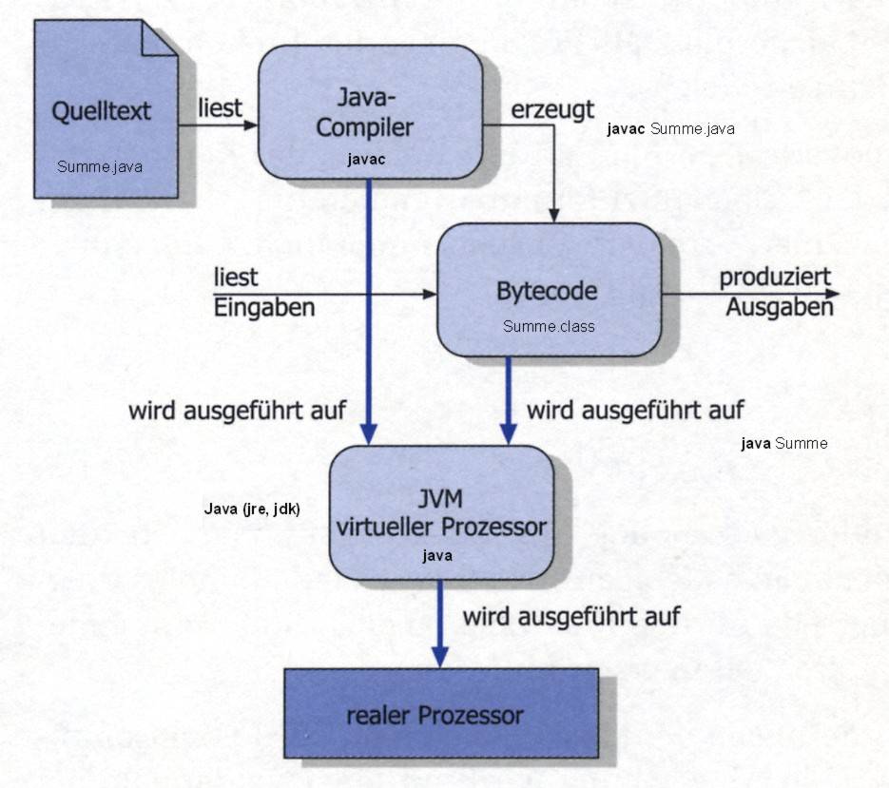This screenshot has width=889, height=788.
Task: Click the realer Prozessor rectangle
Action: pos(441,713)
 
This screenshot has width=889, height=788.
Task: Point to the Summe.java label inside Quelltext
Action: pos(100,167)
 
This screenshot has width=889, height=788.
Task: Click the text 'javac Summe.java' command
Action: pos(670,129)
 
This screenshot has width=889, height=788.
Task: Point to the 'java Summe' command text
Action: pos(783,443)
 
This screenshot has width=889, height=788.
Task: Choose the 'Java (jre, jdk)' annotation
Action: pos(252,509)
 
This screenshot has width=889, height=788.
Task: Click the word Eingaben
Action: pos(264,308)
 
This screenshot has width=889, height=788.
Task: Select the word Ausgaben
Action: pos(780,308)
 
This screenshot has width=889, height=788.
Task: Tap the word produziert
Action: pos(775,277)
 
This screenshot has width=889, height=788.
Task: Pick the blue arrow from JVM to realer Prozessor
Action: pos(440,623)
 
